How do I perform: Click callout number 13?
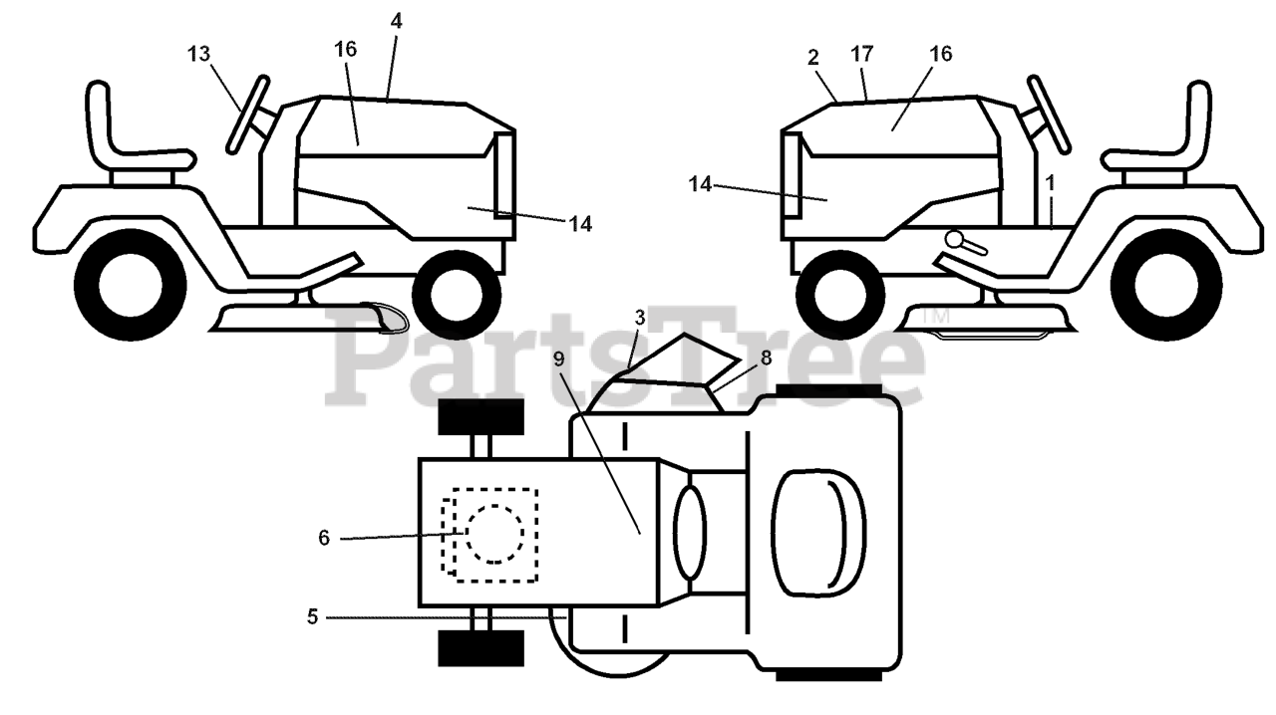[199, 54]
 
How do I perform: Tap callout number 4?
[397, 19]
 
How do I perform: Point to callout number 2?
[813, 57]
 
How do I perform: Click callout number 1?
[1050, 182]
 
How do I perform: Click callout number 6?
[323, 538]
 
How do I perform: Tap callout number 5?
[312, 617]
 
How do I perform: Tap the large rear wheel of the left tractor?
[130, 282]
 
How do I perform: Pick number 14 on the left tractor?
[580, 224]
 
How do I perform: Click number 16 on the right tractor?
[941, 54]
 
